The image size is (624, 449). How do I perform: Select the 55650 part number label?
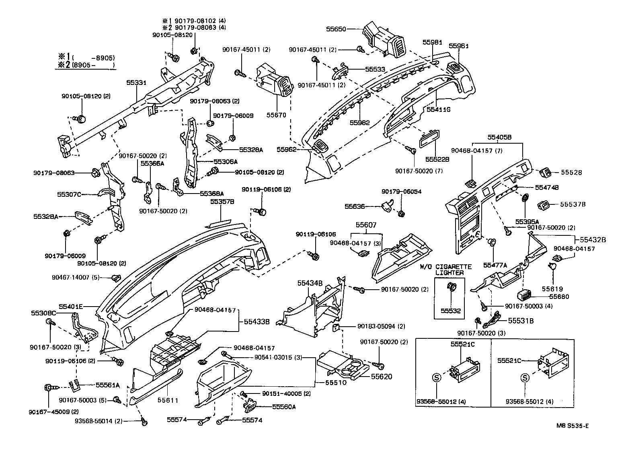[336, 29]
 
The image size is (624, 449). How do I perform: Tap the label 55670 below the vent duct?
[276, 115]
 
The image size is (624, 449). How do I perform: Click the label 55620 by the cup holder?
[381, 377]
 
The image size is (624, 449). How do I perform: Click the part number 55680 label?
[560, 297]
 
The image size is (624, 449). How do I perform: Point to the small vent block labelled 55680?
[525, 295]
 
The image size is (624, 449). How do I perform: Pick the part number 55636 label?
[355, 206]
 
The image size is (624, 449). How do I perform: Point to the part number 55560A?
[284, 407]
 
